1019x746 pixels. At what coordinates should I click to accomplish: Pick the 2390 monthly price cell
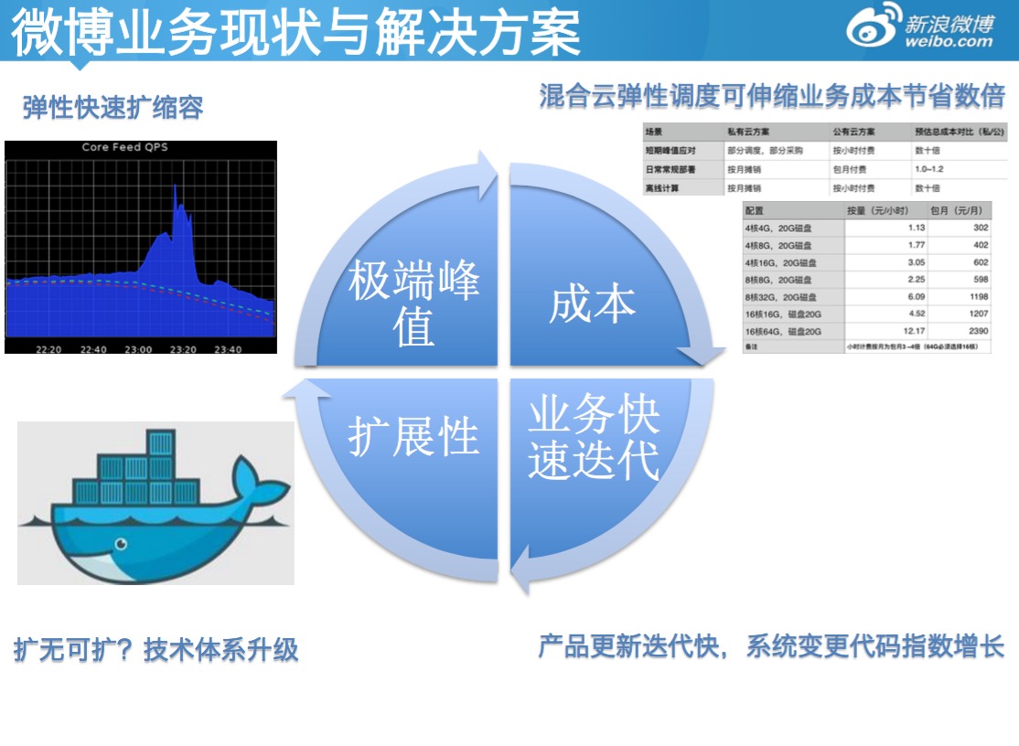tap(975, 331)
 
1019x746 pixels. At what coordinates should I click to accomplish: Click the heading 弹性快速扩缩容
tap(113, 108)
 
